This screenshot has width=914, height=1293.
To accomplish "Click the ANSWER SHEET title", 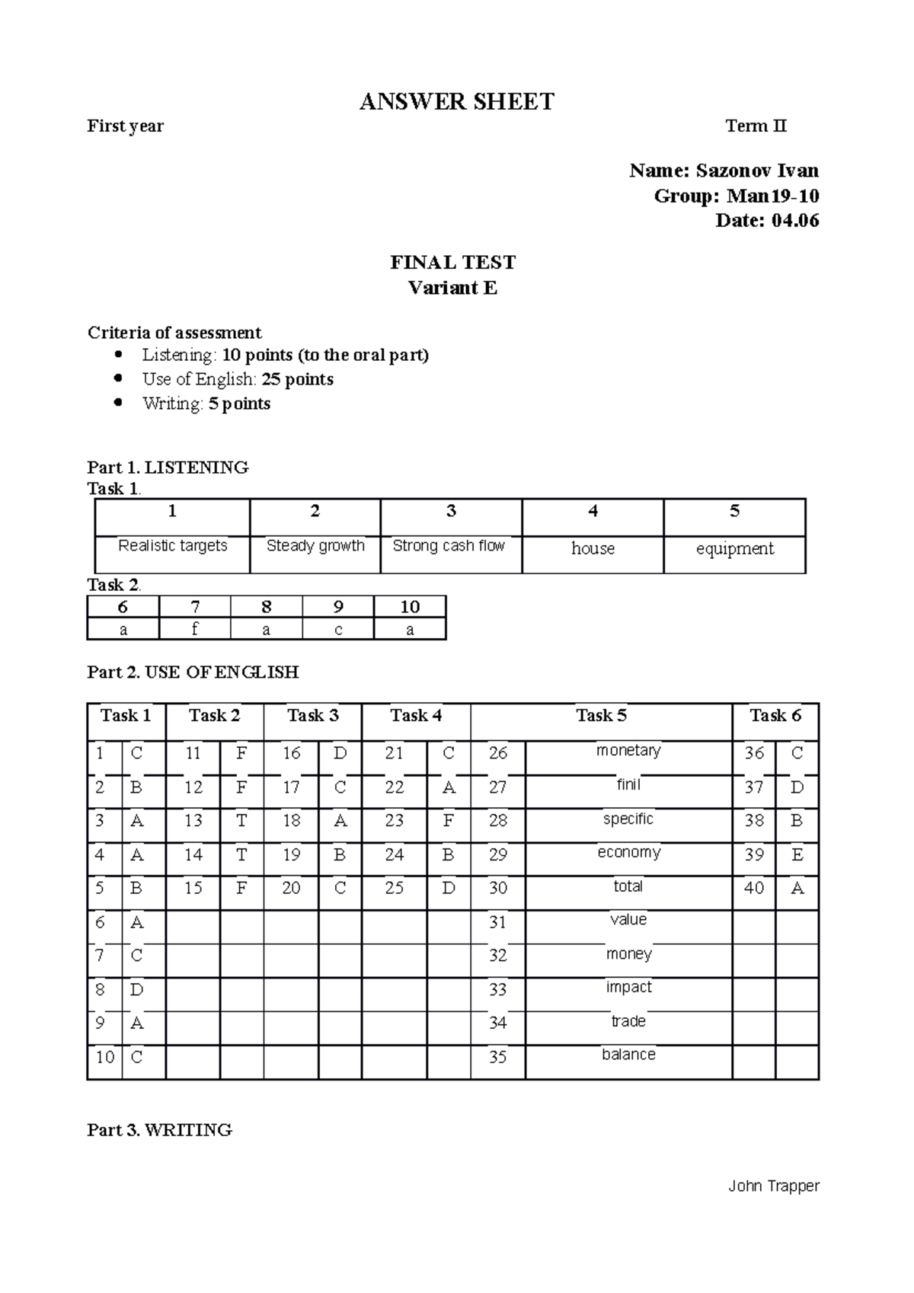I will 457,102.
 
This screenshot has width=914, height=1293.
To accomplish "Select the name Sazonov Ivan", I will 757,171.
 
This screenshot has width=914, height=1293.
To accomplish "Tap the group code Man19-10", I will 773,196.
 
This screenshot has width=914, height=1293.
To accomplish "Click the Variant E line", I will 452,288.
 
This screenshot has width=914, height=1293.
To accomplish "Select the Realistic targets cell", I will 173,546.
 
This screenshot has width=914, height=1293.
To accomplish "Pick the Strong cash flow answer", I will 449,546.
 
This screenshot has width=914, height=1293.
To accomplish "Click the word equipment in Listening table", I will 734,549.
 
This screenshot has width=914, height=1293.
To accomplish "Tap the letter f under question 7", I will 195,629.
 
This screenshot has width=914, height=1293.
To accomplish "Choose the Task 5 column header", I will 601,716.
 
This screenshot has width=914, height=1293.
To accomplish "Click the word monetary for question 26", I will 628,751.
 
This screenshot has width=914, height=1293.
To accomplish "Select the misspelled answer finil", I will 628,785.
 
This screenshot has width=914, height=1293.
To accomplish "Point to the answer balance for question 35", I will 628,1055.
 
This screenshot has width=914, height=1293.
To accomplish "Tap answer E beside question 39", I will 797,854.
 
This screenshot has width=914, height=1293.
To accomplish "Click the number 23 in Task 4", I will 394,821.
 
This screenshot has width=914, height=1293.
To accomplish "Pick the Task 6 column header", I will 775,716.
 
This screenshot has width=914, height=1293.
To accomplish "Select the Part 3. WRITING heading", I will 160,1130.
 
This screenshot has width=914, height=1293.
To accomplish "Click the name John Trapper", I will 774,1186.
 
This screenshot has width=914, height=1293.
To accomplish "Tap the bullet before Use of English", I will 117,379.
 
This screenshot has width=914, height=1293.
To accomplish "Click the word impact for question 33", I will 628,988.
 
